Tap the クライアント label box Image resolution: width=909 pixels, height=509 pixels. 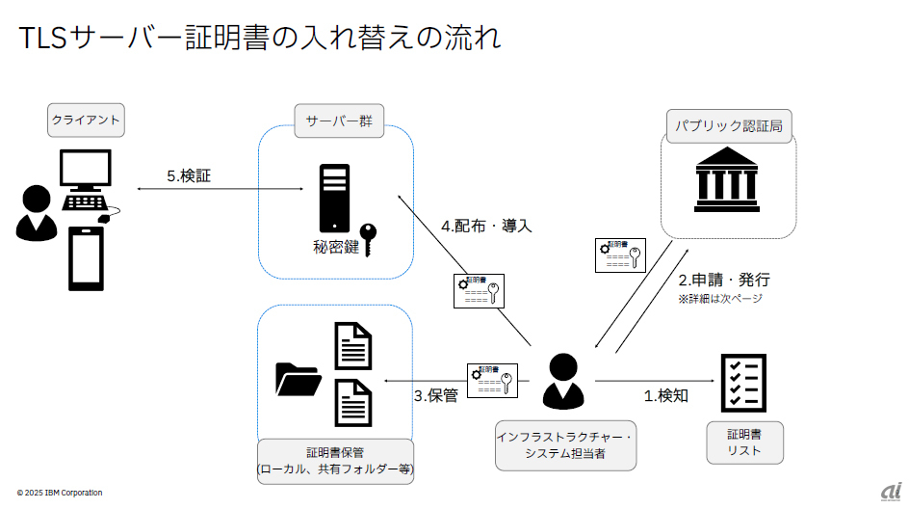click(87, 121)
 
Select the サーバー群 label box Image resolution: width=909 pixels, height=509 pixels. click(338, 121)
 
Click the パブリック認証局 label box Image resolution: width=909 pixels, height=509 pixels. click(729, 126)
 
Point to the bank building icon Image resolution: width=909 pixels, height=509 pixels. click(728, 179)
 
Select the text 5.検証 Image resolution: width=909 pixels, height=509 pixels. click(189, 175)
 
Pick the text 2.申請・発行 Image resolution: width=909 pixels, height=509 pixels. click(724, 281)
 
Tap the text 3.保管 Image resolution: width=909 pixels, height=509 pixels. click(435, 394)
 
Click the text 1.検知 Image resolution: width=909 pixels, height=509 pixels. click(666, 394)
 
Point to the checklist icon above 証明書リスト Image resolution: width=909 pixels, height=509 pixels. click(743, 383)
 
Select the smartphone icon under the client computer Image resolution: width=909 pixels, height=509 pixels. click(86, 258)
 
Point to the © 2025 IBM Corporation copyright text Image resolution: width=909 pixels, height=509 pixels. click(60, 493)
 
